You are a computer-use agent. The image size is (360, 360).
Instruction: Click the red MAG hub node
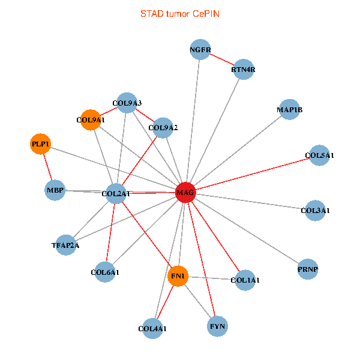[x=185, y=193]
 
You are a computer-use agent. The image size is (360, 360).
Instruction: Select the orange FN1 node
[x=178, y=276]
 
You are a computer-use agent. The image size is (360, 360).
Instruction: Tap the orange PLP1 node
[x=40, y=144]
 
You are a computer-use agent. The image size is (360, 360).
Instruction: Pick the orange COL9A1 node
[x=90, y=119]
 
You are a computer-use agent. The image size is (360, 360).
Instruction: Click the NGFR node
[x=200, y=50]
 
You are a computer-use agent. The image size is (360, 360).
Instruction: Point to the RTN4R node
[x=243, y=70]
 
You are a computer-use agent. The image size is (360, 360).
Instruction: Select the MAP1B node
[x=290, y=110]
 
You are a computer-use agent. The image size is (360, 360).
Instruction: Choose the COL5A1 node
[x=319, y=155]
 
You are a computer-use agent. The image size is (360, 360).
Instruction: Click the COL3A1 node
[x=315, y=211]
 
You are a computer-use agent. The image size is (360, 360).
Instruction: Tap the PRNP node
[x=307, y=269]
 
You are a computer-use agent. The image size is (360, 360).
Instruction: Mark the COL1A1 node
[x=245, y=280]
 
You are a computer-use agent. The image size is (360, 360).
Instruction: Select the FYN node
[x=217, y=327]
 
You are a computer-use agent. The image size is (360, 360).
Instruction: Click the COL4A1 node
[x=152, y=329]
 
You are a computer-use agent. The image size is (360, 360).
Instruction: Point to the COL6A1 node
[x=105, y=272]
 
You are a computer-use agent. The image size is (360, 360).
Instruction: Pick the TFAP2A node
[x=65, y=245]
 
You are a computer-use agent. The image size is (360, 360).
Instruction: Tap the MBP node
[x=55, y=190]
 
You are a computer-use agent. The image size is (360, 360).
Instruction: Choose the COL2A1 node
[x=116, y=193]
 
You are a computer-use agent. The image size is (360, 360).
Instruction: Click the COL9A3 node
[x=127, y=103]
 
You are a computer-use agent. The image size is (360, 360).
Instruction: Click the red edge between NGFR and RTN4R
[x=222, y=60]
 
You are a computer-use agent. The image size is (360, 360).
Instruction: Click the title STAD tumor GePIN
[x=179, y=13]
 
